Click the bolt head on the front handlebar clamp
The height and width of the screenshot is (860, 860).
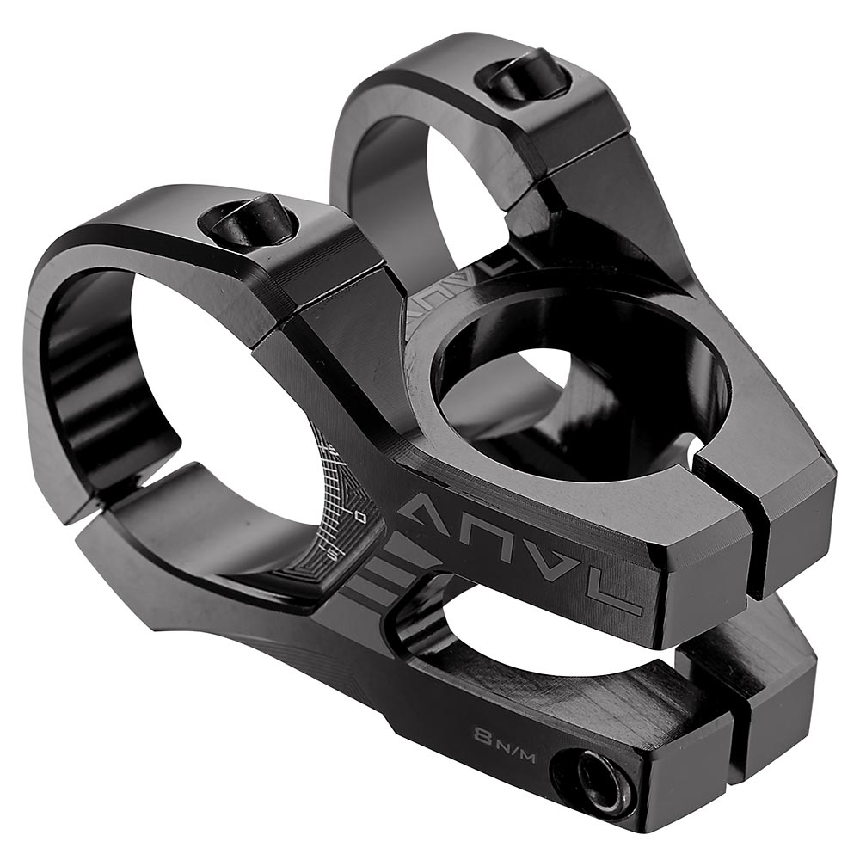[250, 222]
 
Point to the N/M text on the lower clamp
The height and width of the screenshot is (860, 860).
[512, 741]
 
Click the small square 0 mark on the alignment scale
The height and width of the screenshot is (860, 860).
[359, 516]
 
